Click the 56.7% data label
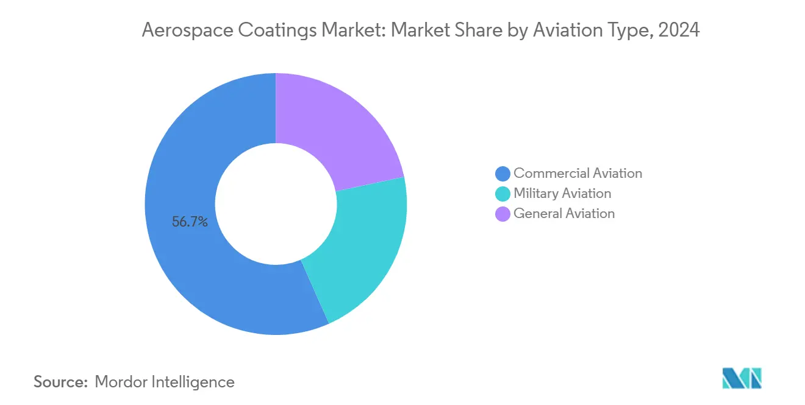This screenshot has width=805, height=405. (x=190, y=222)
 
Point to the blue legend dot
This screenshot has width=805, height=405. (x=503, y=174)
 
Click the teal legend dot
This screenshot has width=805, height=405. (x=503, y=194)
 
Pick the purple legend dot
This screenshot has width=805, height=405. (x=503, y=214)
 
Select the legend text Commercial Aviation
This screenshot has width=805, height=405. (x=578, y=174)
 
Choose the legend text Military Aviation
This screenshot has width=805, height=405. (x=562, y=194)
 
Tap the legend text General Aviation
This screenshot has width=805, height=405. (x=564, y=214)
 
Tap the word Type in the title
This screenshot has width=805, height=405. (x=629, y=30)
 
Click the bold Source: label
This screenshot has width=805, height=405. (x=60, y=382)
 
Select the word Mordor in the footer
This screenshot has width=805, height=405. (x=122, y=382)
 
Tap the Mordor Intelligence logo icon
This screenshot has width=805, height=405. (x=742, y=378)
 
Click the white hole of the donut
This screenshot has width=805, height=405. (x=276, y=204)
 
